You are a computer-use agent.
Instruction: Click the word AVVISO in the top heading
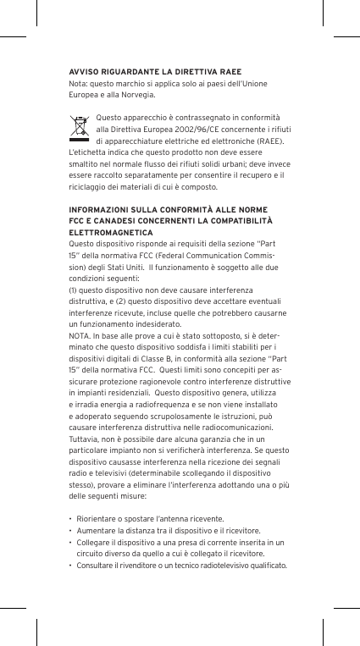pos(84,71)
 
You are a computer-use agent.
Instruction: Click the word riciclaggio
pos(89,187)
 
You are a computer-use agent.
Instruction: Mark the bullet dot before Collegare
pos(69,541)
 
